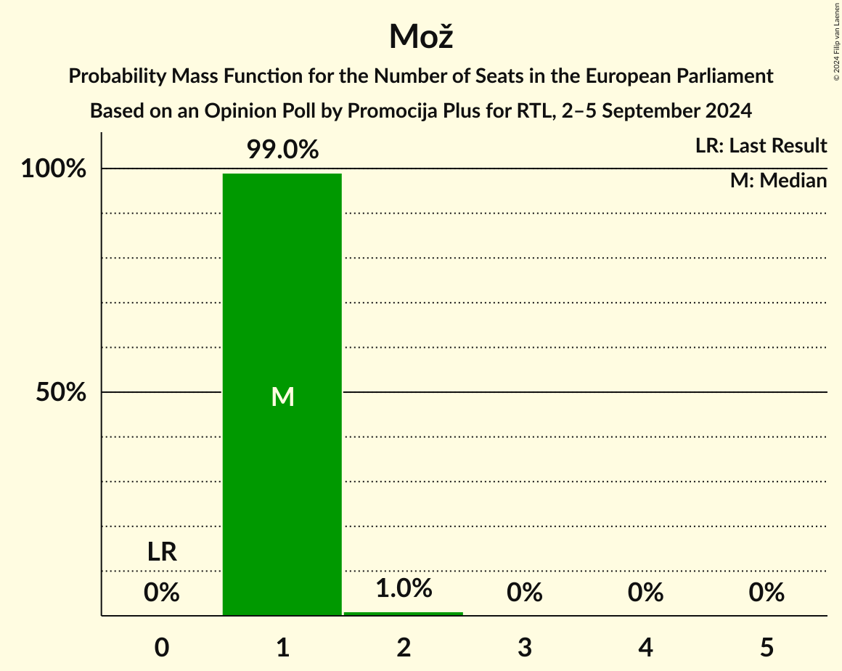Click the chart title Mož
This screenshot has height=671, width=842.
click(x=420, y=36)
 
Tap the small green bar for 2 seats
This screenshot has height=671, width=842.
click(x=404, y=614)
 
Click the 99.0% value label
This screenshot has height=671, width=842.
click(x=282, y=150)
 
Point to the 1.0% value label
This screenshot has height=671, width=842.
click(x=404, y=588)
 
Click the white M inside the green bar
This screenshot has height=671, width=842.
click(x=282, y=396)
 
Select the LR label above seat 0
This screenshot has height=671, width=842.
click(x=162, y=553)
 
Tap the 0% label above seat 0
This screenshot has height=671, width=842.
click(x=162, y=593)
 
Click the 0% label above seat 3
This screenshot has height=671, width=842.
click(x=525, y=593)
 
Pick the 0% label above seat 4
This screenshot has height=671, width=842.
click(x=646, y=593)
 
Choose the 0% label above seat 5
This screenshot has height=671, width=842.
click(x=767, y=593)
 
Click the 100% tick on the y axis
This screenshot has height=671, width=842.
click(x=53, y=169)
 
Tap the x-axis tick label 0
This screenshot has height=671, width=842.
click(x=162, y=647)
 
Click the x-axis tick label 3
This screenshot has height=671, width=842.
click(x=525, y=647)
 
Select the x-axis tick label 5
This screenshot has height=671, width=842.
click(x=767, y=647)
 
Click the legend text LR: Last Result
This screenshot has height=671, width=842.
click(x=761, y=146)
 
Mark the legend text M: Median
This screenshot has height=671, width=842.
click(x=778, y=181)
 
